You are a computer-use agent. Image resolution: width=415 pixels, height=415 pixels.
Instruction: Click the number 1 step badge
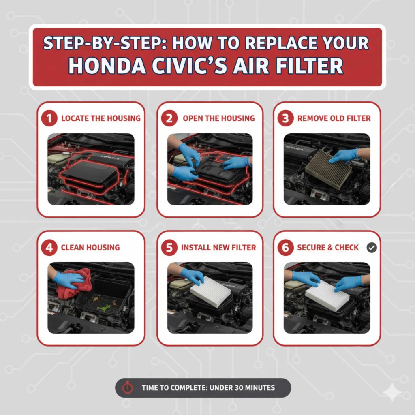pos(49,118)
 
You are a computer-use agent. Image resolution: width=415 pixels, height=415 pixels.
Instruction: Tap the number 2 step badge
pos(169,118)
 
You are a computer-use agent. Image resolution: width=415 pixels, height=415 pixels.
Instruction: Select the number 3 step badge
pos(285,118)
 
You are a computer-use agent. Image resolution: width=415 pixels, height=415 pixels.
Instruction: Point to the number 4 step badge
pos(49,248)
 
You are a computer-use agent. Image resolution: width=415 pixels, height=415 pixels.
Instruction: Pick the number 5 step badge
pos(169,248)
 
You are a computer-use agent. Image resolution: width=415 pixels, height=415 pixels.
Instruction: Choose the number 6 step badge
pos(285,248)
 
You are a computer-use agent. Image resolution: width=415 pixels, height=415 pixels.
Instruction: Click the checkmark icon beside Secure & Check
pos(371,248)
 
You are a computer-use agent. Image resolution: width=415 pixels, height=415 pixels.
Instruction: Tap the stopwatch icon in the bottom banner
pos(128,388)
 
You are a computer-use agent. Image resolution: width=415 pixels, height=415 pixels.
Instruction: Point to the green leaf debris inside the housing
pos(104,308)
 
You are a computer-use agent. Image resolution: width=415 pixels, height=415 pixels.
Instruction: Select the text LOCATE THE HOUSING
pos(101,118)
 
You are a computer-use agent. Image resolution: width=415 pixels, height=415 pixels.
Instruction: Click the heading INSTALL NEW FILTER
pos(218,248)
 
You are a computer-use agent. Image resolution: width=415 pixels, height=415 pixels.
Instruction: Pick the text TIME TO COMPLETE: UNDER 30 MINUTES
pos(208,388)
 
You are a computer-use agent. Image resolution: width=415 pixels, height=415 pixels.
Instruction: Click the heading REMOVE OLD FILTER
pos(334,118)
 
